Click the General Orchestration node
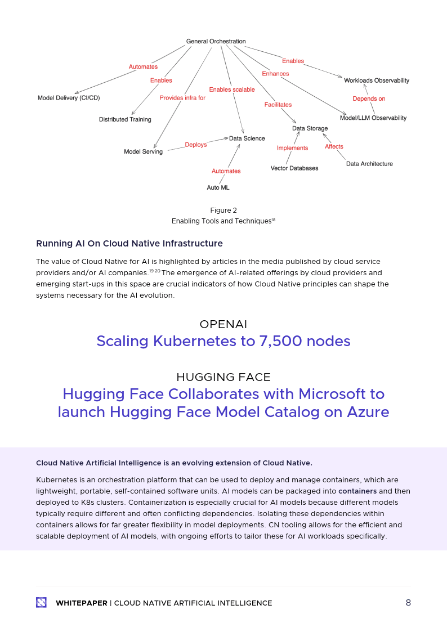click(x=216, y=42)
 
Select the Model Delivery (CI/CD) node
click(x=69, y=98)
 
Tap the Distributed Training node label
click(x=125, y=119)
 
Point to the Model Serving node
click(x=143, y=152)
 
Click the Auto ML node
click(x=218, y=187)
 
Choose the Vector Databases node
click(x=294, y=168)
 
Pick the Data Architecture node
click(x=369, y=164)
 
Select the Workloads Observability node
click(x=376, y=80)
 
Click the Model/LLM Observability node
click(x=373, y=118)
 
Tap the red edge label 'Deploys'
click(x=196, y=145)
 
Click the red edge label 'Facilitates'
click(x=278, y=105)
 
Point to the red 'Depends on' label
click(x=369, y=99)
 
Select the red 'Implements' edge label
click(x=292, y=148)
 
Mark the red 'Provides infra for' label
click(x=182, y=98)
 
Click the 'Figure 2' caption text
click(x=223, y=210)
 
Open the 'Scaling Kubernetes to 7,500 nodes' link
click(x=223, y=341)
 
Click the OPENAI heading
click(x=223, y=324)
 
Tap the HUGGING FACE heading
click(x=223, y=377)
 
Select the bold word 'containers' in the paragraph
click(x=357, y=491)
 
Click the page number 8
click(x=408, y=603)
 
